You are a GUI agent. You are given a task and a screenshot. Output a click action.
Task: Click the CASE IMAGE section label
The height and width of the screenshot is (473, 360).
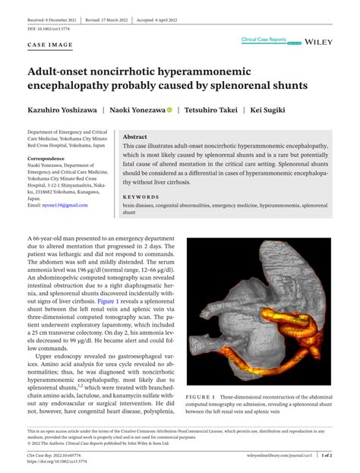click(x=51, y=46)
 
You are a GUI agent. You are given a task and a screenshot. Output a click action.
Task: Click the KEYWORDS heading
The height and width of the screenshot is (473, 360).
click(x=141, y=197)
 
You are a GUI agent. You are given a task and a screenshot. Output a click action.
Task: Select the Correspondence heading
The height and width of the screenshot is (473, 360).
click(x=47, y=159)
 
